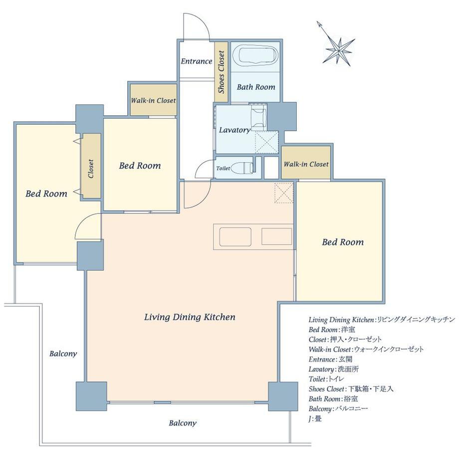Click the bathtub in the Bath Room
tap(257, 55)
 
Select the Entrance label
tap(197, 61)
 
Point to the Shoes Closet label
tap(222, 72)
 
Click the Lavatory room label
tap(235, 130)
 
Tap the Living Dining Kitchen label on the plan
tap(190, 317)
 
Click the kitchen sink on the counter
tap(235, 236)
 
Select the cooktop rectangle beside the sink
tap(276, 236)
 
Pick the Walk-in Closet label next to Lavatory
tap(306, 164)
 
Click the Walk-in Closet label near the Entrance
tap(153, 100)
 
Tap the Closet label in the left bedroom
tap(91, 169)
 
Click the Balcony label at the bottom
tap(183, 423)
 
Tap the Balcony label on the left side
tap(63, 354)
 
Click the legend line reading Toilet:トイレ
tap(326, 379)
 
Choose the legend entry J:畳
tap(315, 419)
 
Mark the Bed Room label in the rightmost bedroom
tap(343, 242)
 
